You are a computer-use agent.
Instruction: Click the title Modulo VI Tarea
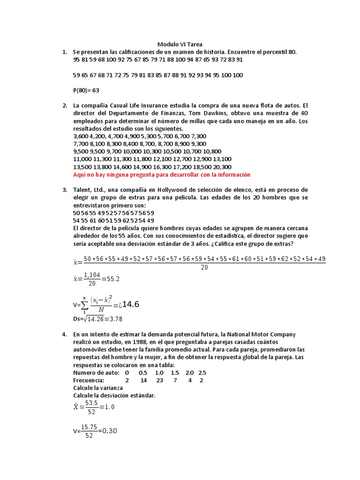coord(180,45)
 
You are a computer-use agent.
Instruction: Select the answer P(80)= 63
coord(86,90)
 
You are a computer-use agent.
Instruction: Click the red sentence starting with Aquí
coord(162,174)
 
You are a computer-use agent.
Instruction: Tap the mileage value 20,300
coord(222,167)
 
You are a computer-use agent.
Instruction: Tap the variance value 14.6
coord(131,305)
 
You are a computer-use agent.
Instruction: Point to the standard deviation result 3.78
coord(112,319)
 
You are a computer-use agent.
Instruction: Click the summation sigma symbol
coord(84,306)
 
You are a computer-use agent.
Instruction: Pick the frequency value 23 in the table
coord(159,380)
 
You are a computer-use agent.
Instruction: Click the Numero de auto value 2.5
coord(202,373)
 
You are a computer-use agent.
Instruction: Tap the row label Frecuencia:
coord(89,380)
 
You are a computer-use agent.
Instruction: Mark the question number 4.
coord(65,334)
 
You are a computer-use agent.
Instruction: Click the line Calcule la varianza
coord(98,388)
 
